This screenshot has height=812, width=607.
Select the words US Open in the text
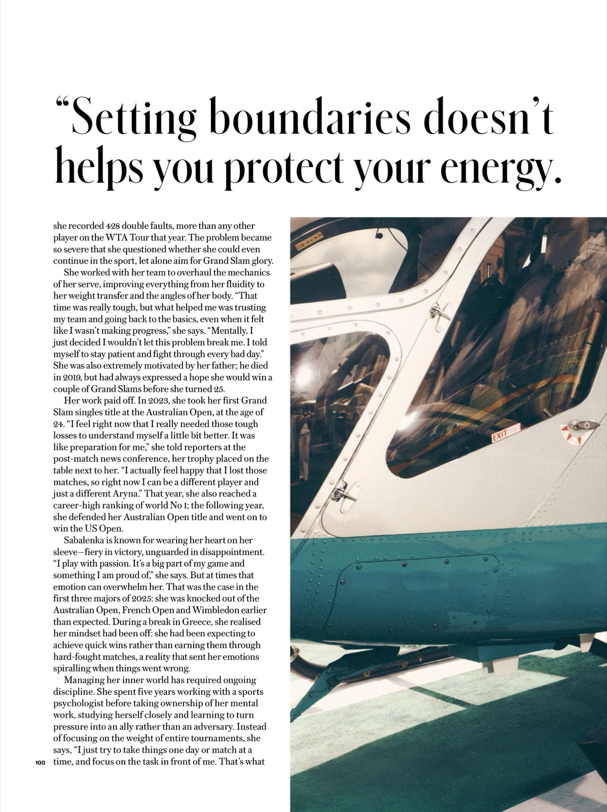click(x=87, y=528)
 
